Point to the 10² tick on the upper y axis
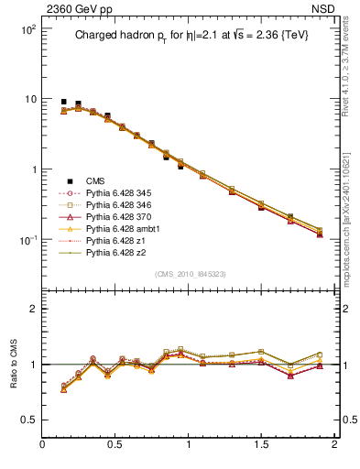[x=27, y=29]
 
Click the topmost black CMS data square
[x=63, y=102]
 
